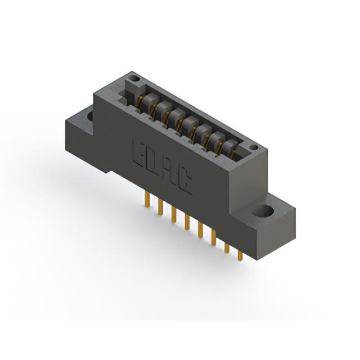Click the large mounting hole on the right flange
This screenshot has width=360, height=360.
coord(263,210)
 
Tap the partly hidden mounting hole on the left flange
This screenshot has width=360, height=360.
coord(90,116)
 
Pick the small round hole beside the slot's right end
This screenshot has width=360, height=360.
coord(254,147)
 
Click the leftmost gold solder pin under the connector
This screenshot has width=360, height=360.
coord(147,200)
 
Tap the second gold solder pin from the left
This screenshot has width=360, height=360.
coord(161,208)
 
